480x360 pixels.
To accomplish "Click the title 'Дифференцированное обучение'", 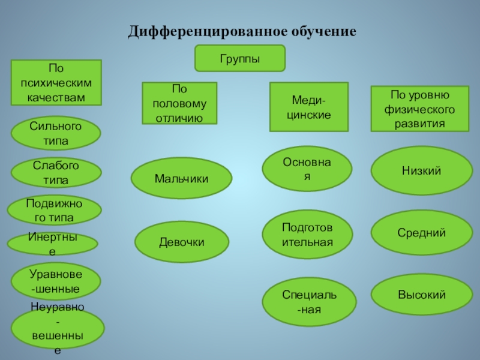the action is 242,30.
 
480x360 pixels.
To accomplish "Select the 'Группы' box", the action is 239,59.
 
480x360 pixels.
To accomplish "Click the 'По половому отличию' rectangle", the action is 179,104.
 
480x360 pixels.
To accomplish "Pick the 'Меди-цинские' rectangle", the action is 308,107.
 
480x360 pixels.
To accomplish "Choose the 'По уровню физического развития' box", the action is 419,109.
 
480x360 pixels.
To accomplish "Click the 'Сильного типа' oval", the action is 56,133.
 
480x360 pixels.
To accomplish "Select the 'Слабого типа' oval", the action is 56,172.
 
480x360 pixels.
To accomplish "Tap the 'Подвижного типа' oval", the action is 54,209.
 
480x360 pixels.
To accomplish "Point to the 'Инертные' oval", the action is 53,244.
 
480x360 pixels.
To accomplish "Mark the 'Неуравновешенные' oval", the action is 58,328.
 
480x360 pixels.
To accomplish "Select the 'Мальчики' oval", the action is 181,179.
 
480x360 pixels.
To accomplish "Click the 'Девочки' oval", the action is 181,242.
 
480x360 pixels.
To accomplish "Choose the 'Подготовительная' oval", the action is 307,234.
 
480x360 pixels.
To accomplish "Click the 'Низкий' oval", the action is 421,171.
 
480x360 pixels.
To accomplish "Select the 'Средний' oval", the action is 421,233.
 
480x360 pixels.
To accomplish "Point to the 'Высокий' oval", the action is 421,295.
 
